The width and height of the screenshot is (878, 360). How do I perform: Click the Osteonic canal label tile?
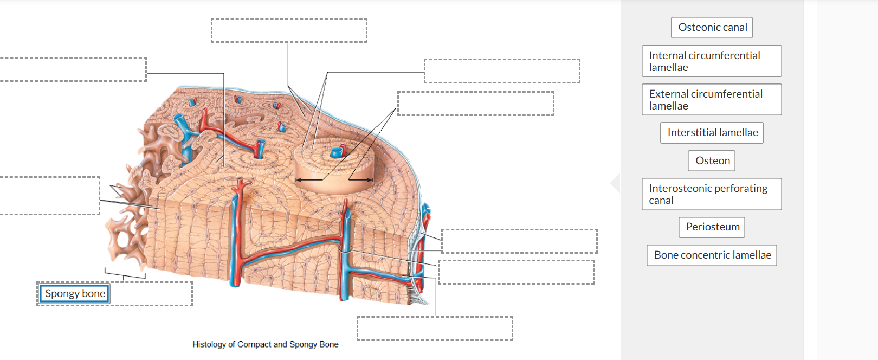click(x=712, y=28)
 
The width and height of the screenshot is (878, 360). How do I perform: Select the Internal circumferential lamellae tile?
click(x=711, y=61)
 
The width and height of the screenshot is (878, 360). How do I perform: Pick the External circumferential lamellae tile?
click(x=711, y=100)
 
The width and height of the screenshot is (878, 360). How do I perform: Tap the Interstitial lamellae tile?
click(x=712, y=133)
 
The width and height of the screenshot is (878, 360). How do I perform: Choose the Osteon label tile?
click(x=712, y=161)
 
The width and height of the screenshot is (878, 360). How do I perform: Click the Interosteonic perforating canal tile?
click(x=711, y=194)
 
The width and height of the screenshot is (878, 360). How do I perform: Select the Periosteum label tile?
click(x=712, y=227)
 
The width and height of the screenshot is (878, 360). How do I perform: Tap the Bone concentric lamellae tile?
click(x=712, y=255)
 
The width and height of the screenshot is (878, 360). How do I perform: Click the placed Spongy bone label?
click(x=75, y=294)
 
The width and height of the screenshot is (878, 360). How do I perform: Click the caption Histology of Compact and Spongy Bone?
click(x=265, y=344)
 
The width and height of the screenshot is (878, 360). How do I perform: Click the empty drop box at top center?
click(x=289, y=30)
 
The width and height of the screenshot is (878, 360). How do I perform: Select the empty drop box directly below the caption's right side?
click(x=435, y=329)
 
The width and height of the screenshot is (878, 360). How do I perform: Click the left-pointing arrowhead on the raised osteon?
click(x=299, y=180)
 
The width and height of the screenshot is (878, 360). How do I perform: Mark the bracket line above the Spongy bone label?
click(x=124, y=275)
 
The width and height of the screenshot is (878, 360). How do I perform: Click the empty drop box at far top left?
click(x=73, y=69)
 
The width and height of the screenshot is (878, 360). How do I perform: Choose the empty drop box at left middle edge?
click(x=49, y=196)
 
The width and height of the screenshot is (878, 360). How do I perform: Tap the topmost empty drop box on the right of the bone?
click(x=502, y=71)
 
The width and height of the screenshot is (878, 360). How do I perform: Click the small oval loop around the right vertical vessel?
click(x=346, y=249)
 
